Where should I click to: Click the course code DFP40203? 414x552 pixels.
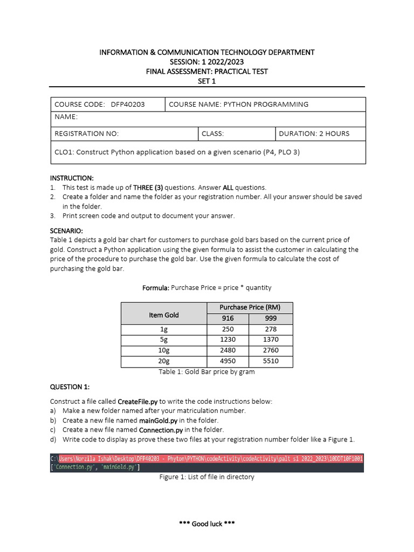(x=128, y=105)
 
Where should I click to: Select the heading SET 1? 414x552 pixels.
(x=206, y=80)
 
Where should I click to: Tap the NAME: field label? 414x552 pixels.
(x=66, y=117)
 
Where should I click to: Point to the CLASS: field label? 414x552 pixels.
(x=212, y=134)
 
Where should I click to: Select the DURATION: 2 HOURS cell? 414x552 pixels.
(x=314, y=134)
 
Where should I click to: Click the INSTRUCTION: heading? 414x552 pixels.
(x=72, y=178)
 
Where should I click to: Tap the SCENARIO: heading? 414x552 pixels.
(x=67, y=230)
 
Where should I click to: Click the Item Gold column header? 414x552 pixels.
(x=163, y=315)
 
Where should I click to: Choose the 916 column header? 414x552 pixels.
(x=228, y=319)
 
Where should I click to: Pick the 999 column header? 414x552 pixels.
(x=271, y=319)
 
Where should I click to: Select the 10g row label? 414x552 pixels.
(x=163, y=350)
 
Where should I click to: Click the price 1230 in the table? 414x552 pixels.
(x=228, y=340)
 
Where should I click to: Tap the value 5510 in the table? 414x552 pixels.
(x=271, y=361)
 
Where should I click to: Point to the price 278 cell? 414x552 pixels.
(x=271, y=329)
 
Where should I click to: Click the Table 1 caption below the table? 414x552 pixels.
(x=206, y=372)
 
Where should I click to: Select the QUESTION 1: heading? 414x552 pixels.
(x=70, y=387)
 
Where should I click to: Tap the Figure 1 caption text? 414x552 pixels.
(x=206, y=477)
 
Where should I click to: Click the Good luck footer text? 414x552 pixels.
(x=206, y=524)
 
